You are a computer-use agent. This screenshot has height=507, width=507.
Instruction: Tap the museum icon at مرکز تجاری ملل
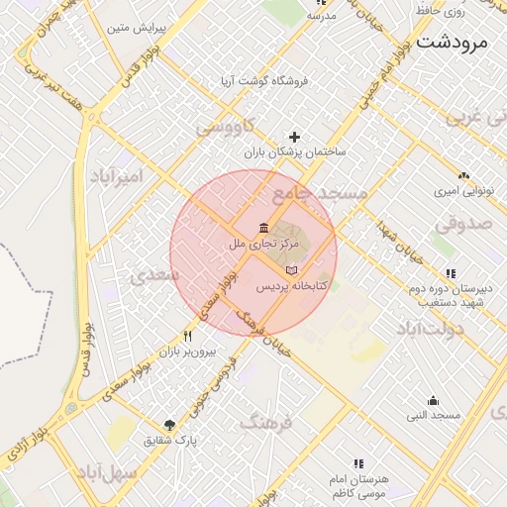(263, 228)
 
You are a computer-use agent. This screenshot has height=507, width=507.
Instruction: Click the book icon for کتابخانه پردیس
(290, 270)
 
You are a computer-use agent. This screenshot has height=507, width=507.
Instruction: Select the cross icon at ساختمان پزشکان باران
(293, 137)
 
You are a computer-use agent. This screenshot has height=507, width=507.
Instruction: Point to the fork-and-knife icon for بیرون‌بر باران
(187, 336)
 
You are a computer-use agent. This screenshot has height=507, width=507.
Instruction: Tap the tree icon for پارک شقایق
(169, 424)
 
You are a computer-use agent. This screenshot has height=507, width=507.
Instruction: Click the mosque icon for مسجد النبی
(434, 400)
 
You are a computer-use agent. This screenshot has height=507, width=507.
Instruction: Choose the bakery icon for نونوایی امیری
(463, 175)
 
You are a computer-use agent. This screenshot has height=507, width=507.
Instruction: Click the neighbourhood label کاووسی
(225, 127)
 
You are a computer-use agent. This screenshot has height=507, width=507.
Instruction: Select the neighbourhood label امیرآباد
(117, 176)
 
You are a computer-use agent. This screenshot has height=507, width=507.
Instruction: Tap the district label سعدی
(159, 274)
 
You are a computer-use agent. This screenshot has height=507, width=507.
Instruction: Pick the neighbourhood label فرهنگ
(266, 423)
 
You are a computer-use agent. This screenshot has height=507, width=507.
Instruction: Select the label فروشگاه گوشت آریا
(265, 78)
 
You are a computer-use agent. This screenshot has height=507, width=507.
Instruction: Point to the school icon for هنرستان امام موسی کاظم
(358, 462)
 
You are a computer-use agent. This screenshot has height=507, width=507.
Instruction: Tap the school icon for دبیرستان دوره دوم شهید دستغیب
(451, 273)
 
